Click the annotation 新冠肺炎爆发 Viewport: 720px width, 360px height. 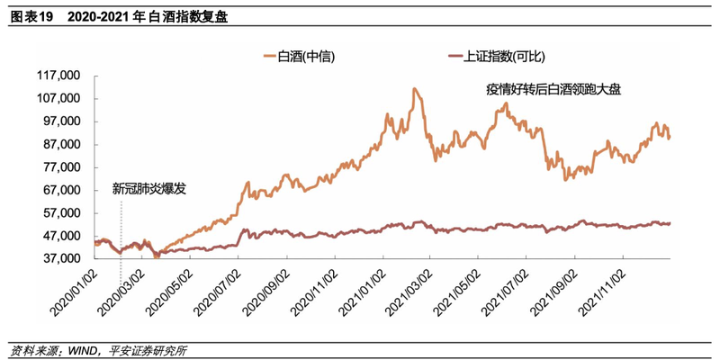click(x=151, y=190)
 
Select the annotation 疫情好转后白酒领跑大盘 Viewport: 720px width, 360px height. click(x=553, y=89)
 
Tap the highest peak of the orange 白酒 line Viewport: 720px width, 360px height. click(x=413, y=89)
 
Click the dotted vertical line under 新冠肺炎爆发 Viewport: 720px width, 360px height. click(x=121, y=225)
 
